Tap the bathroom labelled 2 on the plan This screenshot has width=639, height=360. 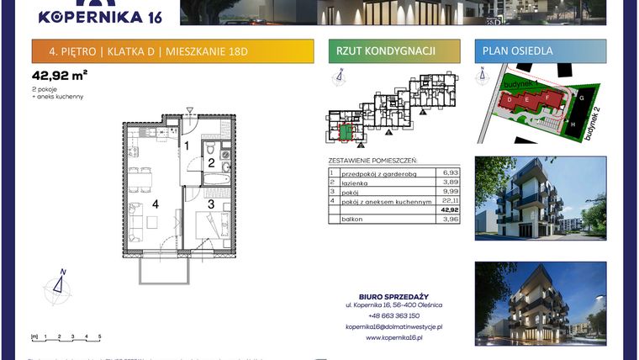point(212,162)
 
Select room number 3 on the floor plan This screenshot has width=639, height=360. point(211,203)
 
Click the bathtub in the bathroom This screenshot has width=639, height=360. point(216,180)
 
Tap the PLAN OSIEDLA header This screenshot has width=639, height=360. point(518,51)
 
